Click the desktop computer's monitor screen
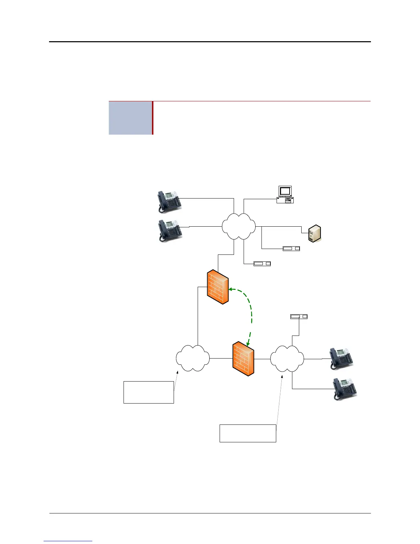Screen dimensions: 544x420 point(285,191)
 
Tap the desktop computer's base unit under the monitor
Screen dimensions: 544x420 point(285,200)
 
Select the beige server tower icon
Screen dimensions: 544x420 point(314,234)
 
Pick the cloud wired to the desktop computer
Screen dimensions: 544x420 point(238,226)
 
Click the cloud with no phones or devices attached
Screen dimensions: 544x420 point(192,358)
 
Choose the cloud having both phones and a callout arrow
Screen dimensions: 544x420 point(287,359)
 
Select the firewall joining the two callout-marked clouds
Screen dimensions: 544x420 point(243,359)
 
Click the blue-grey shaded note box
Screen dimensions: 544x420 point(130,118)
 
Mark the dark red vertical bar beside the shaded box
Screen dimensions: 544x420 point(153,118)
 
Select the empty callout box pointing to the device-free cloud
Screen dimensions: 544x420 point(149,392)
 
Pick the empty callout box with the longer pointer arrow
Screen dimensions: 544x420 point(248,433)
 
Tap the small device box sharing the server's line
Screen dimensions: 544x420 point(291,248)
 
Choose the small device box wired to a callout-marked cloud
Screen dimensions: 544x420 point(299,316)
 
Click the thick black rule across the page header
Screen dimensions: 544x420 point(210,42)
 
